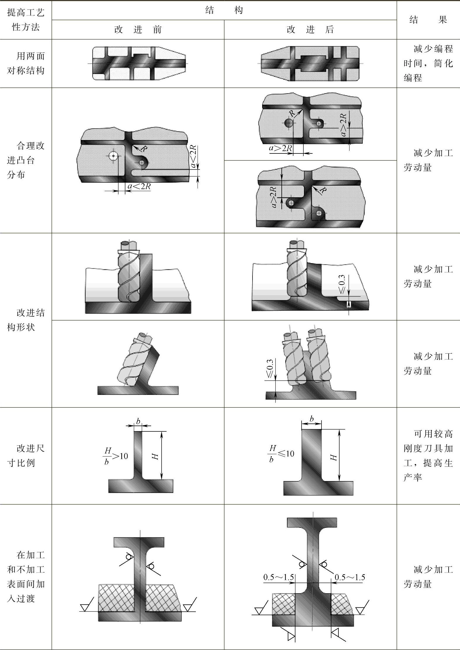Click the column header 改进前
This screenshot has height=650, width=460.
[138, 30]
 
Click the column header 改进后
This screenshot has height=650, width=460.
[310, 30]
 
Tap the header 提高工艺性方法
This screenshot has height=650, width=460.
[26, 20]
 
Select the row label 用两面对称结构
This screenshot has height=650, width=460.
[26, 63]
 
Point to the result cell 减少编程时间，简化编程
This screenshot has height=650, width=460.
[428, 63]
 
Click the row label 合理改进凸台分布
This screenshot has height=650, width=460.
[26, 160]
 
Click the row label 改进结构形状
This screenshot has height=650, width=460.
[26, 320]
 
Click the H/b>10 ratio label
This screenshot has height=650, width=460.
[116, 456]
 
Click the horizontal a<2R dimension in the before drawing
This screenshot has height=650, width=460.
[139, 186]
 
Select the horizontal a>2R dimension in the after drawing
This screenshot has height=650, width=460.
[280, 148]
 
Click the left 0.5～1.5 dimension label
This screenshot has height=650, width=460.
[279, 577]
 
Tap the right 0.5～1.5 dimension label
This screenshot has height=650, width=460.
[350, 577]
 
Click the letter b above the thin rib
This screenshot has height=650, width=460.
[138, 421]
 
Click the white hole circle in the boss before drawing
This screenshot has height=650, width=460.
[113, 156]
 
